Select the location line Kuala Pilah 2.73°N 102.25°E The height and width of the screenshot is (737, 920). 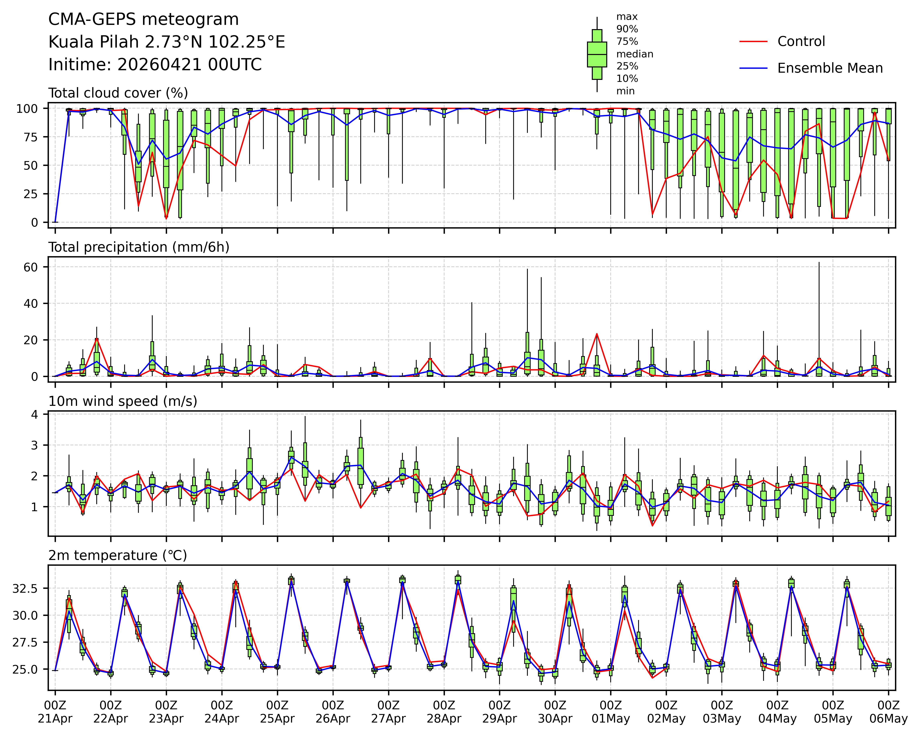point(167,42)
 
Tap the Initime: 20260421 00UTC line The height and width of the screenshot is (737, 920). point(155,65)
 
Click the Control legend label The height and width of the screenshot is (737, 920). point(801,41)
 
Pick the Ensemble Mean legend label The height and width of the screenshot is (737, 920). point(830,68)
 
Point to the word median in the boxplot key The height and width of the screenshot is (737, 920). point(635,54)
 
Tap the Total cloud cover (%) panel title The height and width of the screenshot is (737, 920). point(118,93)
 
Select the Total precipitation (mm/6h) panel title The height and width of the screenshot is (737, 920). point(139,247)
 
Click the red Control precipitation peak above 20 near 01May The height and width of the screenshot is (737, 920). point(597,334)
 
